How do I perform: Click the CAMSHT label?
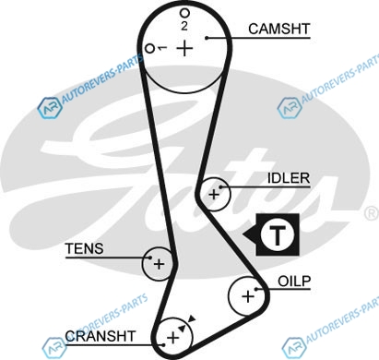pyautogui.click(x=278, y=29)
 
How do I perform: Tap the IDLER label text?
pyautogui.click(x=289, y=178)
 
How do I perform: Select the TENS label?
pyautogui.click(x=85, y=248)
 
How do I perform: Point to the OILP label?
pyautogui.click(x=294, y=281)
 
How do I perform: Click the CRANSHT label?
pyautogui.click(x=101, y=336)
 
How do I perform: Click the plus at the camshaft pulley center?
pyautogui.click(x=184, y=48)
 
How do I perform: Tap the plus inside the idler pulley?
pyautogui.click(x=214, y=195)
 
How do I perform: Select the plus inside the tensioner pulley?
pyautogui.click(x=159, y=264)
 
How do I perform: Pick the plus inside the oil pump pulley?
pyautogui.click(x=248, y=296)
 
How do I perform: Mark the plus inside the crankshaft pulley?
pyautogui.click(x=172, y=338)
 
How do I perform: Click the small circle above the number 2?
pyautogui.click(x=184, y=13)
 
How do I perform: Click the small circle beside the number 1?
pyautogui.click(x=149, y=49)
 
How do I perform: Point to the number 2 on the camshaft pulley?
pyautogui.click(x=184, y=26)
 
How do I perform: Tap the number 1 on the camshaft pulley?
pyautogui.click(x=161, y=48)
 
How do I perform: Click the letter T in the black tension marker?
pyautogui.click(x=278, y=234)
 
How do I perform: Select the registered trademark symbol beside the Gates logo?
pyautogui.click(x=372, y=213)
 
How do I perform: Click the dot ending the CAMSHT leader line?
pyautogui.click(x=207, y=38)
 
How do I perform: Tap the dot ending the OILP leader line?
pyautogui.click(x=256, y=289)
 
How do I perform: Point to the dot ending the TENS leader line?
pyautogui.click(x=150, y=258)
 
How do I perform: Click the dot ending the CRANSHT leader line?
pyautogui.click(x=163, y=344)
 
